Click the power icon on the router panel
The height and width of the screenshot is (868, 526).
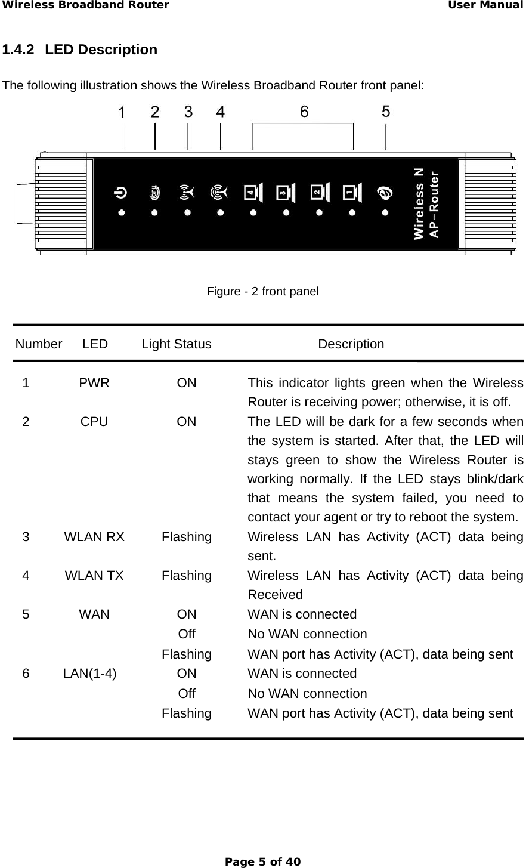point(121,192)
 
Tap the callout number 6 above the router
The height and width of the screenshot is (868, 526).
point(304,112)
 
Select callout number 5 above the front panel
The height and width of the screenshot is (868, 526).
point(386,112)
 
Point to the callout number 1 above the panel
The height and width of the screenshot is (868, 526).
point(122,113)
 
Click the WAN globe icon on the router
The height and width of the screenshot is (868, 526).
point(385,193)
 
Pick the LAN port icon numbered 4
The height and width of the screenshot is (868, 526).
point(253,192)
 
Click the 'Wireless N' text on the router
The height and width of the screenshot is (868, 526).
point(419,203)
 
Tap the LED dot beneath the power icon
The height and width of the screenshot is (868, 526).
point(121,212)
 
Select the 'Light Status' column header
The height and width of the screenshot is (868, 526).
point(177,344)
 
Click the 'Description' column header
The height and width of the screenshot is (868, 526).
point(351,344)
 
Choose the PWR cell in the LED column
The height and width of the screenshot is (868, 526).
point(94,383)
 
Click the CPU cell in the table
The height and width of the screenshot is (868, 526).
point(94,422)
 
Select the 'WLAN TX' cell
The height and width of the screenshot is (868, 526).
point(94,576)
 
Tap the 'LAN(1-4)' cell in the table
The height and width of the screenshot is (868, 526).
point(90,674)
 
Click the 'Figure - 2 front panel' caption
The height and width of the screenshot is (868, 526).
point(262,292)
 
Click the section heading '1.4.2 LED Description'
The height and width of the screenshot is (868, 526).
point(80,50)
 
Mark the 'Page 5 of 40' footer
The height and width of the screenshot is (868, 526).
point(262,861)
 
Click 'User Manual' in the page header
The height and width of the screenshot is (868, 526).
point(486,5)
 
